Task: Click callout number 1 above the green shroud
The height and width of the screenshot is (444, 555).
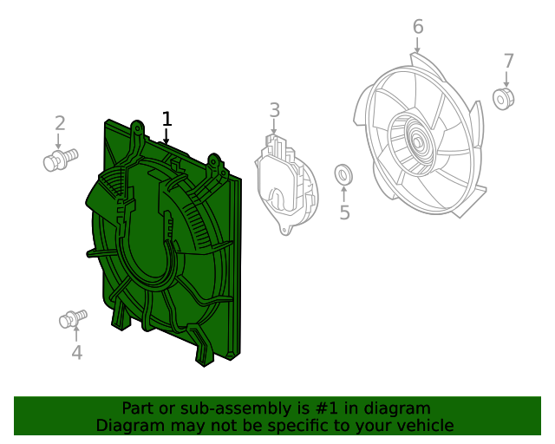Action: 167,119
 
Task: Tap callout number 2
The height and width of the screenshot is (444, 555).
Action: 60,123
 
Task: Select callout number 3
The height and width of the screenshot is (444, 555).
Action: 275,110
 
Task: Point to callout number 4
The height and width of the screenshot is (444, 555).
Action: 77,352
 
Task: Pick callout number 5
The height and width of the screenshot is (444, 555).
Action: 344,212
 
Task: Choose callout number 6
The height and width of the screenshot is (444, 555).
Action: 418,27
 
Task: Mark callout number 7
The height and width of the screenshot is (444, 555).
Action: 508,62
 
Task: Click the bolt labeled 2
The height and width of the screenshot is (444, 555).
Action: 61,160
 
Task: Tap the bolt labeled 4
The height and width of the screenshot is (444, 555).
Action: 73,318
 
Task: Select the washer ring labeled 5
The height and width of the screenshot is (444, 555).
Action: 343,175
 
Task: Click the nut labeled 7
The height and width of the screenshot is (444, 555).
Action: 503,99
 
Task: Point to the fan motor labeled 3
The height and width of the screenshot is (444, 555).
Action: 286,184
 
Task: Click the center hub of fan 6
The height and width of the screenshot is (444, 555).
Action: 418,143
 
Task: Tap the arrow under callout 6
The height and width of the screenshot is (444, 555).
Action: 418,45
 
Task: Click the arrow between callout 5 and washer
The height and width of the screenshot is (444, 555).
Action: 343,193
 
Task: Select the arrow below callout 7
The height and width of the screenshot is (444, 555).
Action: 506,79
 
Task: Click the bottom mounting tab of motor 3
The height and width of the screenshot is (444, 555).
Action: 285,229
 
